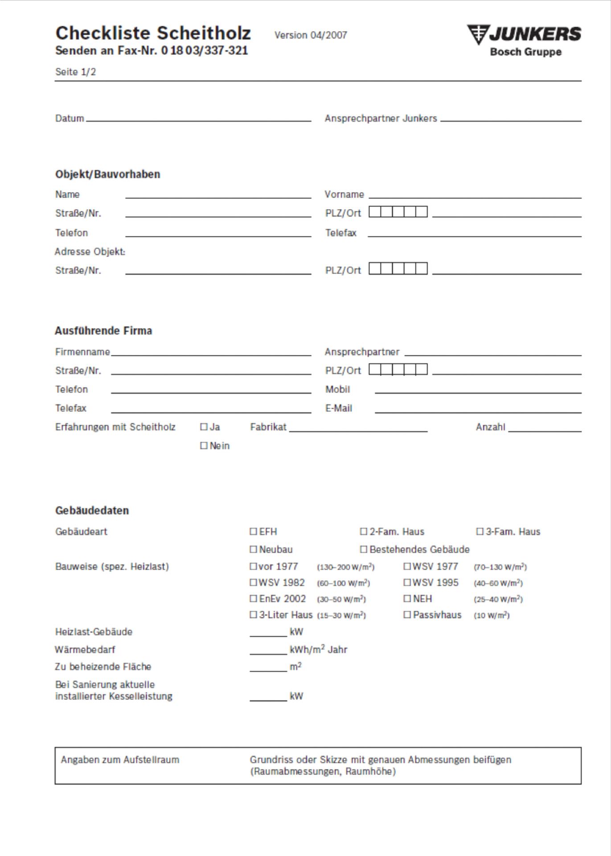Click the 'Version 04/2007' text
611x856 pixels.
[x=311, y=35]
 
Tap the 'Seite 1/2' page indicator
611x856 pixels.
[x=75, y=72]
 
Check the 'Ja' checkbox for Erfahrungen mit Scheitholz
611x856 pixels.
[x=204, y=427]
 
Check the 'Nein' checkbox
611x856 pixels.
[x=204, y=446]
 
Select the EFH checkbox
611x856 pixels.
[x=254, y=531]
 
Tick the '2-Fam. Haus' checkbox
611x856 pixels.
[x=364, y=531]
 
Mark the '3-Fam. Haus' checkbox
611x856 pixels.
[x=480, y=531]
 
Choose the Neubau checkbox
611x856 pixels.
[x=254, y=549]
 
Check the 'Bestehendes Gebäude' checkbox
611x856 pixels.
[x=364, y=549]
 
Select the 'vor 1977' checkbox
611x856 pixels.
[x=254, y=567]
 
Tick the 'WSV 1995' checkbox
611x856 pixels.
[x=407, y=583]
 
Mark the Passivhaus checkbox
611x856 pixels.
[x=407, y=615]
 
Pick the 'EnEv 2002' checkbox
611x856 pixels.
[x=254, y=599]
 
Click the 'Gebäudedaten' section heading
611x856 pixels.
[x=92, y=510]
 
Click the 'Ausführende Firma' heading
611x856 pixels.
[x=103, y=331]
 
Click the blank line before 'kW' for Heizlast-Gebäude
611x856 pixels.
[x=268, y=633]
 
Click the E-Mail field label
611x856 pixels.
[x=339, y=408]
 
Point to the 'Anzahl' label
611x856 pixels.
[x=490, y=427]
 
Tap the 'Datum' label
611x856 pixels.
[x=70, y=118]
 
